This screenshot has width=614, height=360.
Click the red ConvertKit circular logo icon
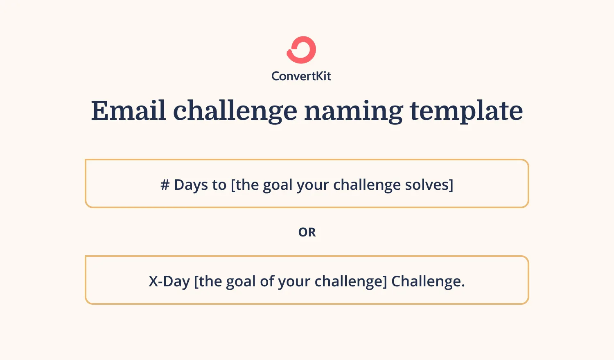pyautogui.click(x=301, y=50)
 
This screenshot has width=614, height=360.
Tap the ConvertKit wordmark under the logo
pyautogui.click(x=301, y=76)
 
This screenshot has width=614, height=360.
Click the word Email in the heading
pyautogui.click(x=128, y=111)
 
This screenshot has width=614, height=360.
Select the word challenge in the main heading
pyautogui.click(x=235, y=111)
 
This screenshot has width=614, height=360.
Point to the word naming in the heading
pyautogui.click(x=353, y=111)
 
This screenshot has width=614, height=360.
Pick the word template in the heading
pyautogui.click(x=466, y=111)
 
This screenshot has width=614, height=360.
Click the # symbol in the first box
pyautogui.click(x=165, y=185)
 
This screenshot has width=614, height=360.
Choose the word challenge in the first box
pyautogui.click(x=367, y=185)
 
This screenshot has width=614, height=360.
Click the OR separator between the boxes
pyautogui.click(x=307, y=232)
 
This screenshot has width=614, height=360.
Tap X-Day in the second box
pyautogui.click(x=169, y=281)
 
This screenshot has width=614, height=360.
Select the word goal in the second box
pyautogui.click(x=241, y=281)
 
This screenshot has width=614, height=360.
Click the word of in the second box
pyautogui.click(x=267, y=281)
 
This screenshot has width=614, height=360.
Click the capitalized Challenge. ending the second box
pyautogui.click(x=428, y=281)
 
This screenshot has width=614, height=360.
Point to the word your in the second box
pyautogui.click(x=294, y=281)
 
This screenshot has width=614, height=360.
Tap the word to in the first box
pyautogui.click(x=219, y=185)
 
